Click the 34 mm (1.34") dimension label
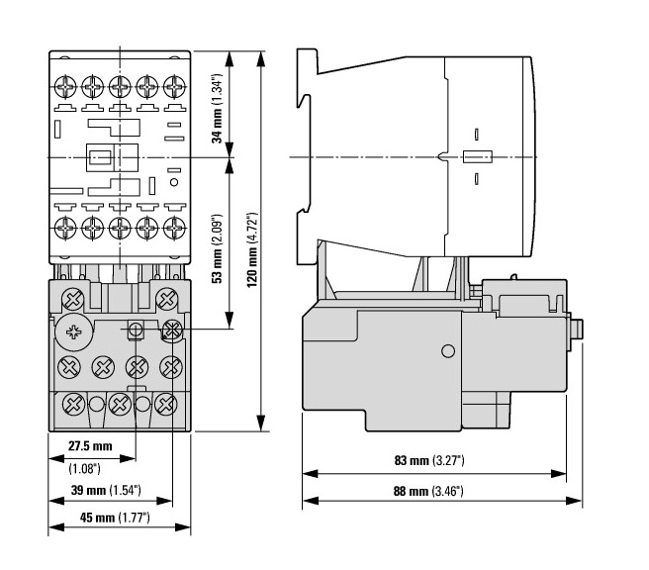[x=218, y=109]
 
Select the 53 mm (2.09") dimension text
[x=218, y=249]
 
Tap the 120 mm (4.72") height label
[x=252, y=250]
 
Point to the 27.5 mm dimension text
[x=90, y=446]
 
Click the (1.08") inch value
[x=84, y=469]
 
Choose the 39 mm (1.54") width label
[x=106, y=490]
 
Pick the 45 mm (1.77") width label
[x=115, y=518]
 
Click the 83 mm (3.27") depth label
[x=429, y=460]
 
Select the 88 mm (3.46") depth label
[x=428, y=492]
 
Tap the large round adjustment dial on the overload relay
[x=73, y=332]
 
